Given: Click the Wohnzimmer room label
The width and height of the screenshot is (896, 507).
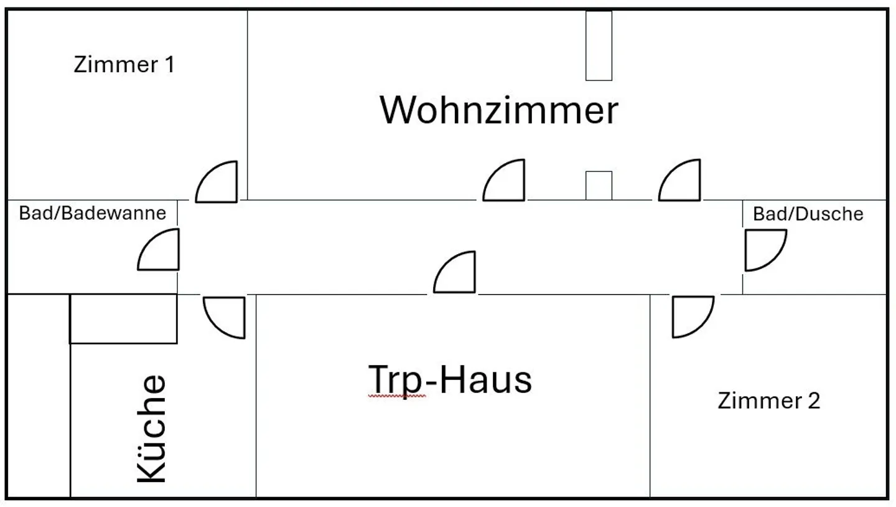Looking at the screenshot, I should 499,110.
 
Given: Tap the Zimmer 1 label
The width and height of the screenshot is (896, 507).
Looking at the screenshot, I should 124,64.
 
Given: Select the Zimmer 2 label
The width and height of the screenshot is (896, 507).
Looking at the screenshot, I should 768,400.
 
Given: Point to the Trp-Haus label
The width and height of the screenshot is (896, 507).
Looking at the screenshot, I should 450,379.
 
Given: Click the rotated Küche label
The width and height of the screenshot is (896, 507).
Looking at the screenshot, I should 152,429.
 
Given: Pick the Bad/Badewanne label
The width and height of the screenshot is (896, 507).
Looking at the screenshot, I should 93,213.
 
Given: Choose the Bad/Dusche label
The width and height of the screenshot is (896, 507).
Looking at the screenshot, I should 808,214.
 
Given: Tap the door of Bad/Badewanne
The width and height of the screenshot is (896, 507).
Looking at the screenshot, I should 159,250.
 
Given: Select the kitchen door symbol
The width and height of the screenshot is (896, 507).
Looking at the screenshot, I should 225,317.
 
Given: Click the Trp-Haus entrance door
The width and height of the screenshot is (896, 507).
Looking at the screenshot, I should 455,272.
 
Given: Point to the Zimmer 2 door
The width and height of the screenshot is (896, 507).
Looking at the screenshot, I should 693,316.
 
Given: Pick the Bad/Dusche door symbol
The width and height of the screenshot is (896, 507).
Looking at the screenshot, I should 765,250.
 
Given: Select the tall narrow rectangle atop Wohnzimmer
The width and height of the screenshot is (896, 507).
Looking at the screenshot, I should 599,45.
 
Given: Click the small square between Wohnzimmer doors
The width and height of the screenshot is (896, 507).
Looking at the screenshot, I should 599,186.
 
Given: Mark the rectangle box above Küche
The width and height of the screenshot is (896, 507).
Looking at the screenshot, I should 123,318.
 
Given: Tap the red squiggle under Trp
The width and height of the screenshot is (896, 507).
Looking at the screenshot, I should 396,396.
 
